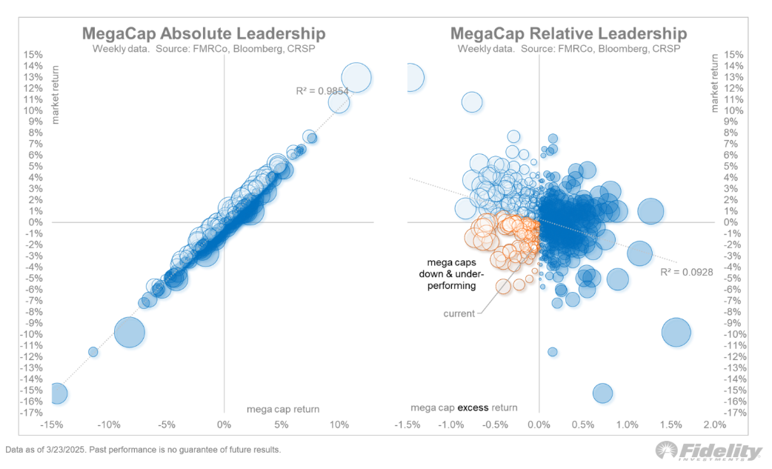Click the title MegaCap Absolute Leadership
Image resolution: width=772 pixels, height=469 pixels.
[203, 34]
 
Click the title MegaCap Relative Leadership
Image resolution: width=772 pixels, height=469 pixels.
[568, 34]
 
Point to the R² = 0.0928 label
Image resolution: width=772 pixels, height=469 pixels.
[687, 272]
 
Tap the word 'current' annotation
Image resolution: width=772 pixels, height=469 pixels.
[459, 314]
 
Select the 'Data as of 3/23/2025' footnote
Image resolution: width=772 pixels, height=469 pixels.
[143, 450]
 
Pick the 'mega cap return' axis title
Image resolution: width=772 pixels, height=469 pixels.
[282, 408]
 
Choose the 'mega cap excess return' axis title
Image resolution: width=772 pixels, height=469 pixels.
[465, 408]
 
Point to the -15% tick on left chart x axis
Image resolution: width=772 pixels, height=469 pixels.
[50, 425]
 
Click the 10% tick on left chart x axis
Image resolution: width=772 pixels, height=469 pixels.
[339, 425]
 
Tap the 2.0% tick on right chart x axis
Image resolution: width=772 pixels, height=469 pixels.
[714, 425]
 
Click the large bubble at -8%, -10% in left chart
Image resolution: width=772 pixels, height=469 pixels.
[129, 332]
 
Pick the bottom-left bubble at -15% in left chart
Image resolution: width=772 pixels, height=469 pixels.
[57, 393]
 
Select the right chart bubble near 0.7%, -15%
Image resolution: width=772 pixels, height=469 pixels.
[602, 393]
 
